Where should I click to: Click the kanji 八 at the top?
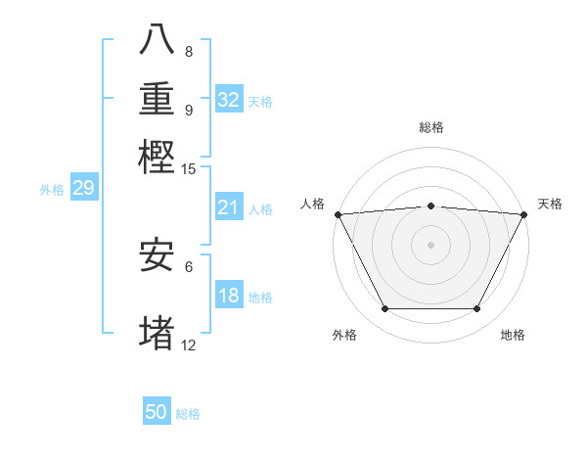[158, 39]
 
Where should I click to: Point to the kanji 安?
[158, 255]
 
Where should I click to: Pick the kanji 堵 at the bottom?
[158, 333]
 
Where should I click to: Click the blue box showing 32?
[229, 99]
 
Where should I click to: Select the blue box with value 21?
[229, 207]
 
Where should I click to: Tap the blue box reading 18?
[229, 297]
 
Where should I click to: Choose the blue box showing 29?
[83, 188]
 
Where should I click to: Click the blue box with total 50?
[157, 412]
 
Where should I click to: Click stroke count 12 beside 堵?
[188, 345]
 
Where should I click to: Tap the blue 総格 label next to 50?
[188, 414]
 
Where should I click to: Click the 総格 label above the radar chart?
[431, 127]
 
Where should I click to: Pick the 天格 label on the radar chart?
[550, 204]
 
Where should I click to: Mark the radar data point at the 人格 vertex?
[338, 214]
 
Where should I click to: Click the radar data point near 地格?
[477, 309]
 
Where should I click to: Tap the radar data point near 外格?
[384, 309]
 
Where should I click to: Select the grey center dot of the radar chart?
[430, 245]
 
